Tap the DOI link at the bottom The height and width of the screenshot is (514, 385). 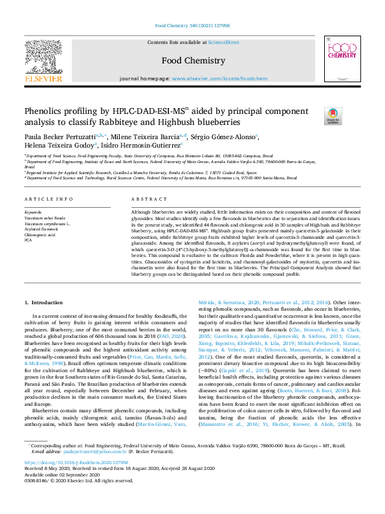(66, 481)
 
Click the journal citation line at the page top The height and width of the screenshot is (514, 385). (192, 27)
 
